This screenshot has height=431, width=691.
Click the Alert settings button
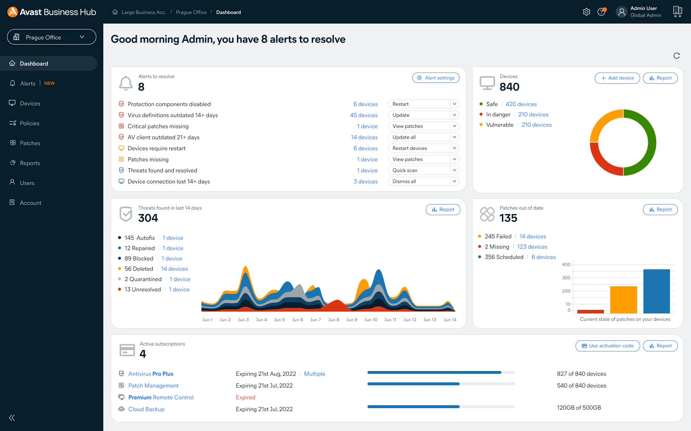(436, 78)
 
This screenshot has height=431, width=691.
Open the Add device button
(617, 78)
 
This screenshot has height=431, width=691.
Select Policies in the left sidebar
(30, 123)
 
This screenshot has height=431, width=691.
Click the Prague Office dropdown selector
(52, 37)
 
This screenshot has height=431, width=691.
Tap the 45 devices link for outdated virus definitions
(364, 115)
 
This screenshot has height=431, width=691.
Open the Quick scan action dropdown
(423, 170)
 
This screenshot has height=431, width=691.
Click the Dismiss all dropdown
(423, 181)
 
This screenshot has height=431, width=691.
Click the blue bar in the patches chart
(656, 291)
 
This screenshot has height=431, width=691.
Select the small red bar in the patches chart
(590, 311)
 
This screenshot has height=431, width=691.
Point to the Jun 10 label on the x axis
(371, 320)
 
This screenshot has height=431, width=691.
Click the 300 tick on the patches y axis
(566, 278)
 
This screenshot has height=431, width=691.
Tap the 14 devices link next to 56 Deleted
(174, 269)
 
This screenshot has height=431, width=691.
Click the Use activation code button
(607, 346)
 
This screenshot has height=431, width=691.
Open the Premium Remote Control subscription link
(161, 397)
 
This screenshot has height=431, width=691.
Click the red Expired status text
(245, 397)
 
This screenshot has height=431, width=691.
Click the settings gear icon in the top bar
(586, 12)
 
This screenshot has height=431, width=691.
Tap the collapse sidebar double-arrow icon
(12, 417)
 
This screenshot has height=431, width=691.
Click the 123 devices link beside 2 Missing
(532, 247)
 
